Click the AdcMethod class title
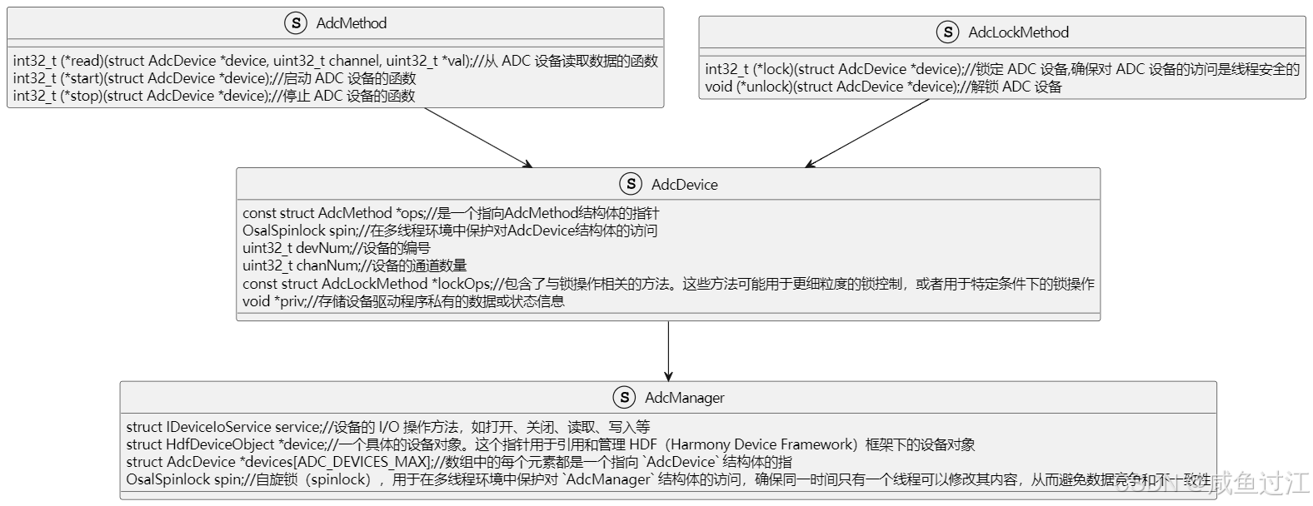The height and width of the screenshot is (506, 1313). [x=351, y=23]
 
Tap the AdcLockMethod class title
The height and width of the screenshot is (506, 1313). [x=1018, y=32]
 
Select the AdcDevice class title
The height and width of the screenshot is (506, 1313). [x=684, y=185]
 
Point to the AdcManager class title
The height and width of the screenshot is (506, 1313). [x=684, y=398]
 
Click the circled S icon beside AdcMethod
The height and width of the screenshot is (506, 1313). [x=296, y=23]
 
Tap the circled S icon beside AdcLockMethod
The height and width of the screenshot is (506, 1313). [x=947, y=32]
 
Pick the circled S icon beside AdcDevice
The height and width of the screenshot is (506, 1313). [x=631, y=185]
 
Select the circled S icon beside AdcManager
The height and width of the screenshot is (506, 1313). [x=624, y=398]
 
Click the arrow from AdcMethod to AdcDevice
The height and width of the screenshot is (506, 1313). [x=477, y=137]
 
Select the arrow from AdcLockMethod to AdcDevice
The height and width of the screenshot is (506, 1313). [x=867, y=133]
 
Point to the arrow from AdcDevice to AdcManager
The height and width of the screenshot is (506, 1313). [x=668, y=350]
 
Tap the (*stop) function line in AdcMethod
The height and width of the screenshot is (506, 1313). [x=213, y=96]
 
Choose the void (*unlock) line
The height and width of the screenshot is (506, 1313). [x=882, y=87]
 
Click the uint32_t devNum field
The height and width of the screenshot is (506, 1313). [x=336, y=248]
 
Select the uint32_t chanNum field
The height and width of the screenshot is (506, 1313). [x=354, y=265]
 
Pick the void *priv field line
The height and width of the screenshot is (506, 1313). [x=403, y=301]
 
